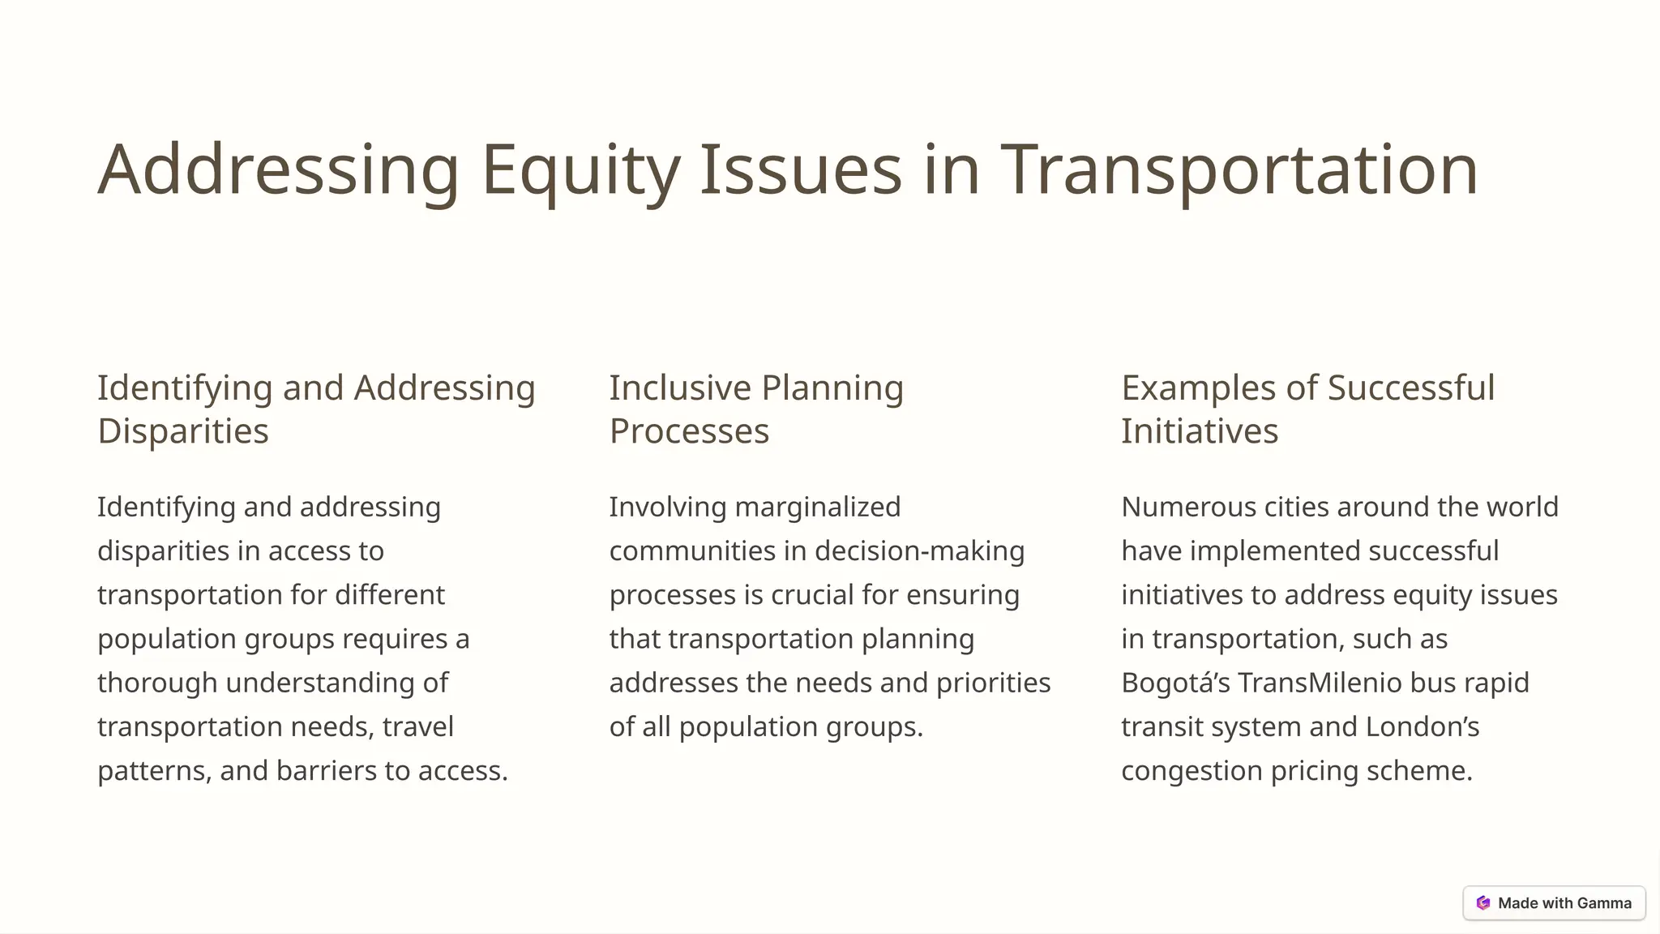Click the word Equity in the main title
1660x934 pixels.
580,170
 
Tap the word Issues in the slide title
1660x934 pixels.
800,170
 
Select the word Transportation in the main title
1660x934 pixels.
1239,170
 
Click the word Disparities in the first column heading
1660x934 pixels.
183,431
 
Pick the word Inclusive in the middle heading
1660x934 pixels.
680,388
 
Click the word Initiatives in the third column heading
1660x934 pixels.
1200,431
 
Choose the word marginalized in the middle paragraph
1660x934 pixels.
818,508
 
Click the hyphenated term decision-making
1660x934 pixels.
920,551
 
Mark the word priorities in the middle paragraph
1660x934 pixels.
994,683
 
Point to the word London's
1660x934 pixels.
1423,726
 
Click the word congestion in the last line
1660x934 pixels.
1192,770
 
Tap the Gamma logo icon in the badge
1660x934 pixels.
1483,903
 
